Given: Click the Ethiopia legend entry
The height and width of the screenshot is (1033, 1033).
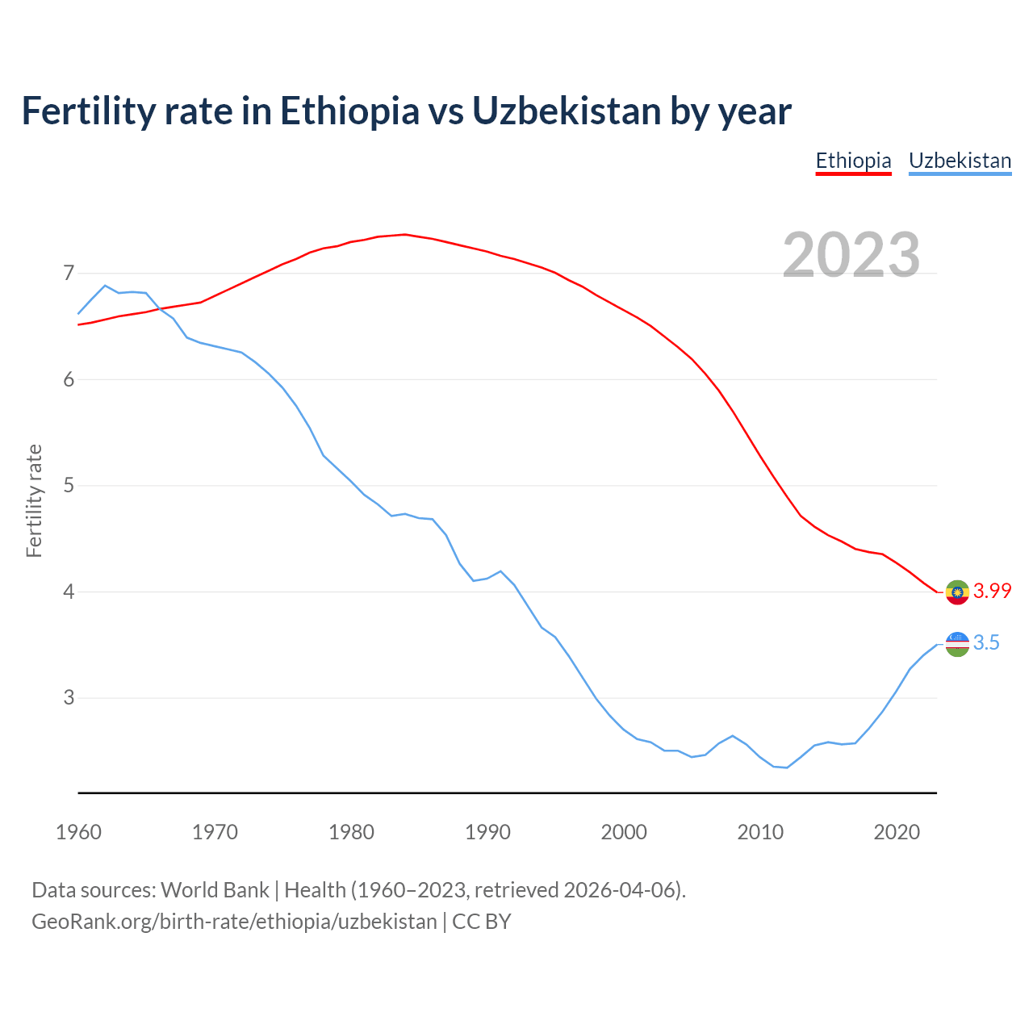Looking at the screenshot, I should [x=853, y=161].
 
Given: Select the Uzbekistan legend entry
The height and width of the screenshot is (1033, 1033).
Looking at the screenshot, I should [x=960, y=161].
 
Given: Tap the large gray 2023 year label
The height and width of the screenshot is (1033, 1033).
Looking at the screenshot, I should [x=851, y=255].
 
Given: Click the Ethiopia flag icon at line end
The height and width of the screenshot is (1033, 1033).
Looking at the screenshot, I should [x=957, y=592].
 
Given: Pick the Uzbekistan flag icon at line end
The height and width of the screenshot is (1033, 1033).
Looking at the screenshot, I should [x=957, y=644].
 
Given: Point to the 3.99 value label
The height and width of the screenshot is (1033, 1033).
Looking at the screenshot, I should [x=992, y=591].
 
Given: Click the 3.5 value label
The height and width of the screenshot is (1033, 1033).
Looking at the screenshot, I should [x=986, y=642].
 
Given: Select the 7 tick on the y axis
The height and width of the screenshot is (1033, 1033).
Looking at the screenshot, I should [x=69, y=274].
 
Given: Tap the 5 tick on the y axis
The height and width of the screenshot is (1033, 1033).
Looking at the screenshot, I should [x=69, y=486].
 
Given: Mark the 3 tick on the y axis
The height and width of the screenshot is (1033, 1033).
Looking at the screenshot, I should [x=69, y=697].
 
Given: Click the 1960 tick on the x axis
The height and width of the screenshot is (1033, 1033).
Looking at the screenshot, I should [x=78, y=832].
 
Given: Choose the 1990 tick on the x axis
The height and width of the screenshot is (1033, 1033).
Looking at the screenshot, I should [x=487, y=832].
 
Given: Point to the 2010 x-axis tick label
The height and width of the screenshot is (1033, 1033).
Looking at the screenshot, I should [x=760, y=832].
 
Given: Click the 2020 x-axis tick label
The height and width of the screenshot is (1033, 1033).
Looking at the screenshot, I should [x=897, y=832].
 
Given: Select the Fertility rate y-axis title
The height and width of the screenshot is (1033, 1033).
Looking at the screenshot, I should [x=34, y=500].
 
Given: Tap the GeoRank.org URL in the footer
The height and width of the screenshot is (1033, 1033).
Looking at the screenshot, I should [x=234, y=922].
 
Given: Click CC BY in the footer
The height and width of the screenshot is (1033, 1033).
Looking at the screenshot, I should [x=482, y=922].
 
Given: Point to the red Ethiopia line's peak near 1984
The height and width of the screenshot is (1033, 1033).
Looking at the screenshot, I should [x=405, y=235].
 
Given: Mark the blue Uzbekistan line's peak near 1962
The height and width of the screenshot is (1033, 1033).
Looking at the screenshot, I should [x=105, y=286].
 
